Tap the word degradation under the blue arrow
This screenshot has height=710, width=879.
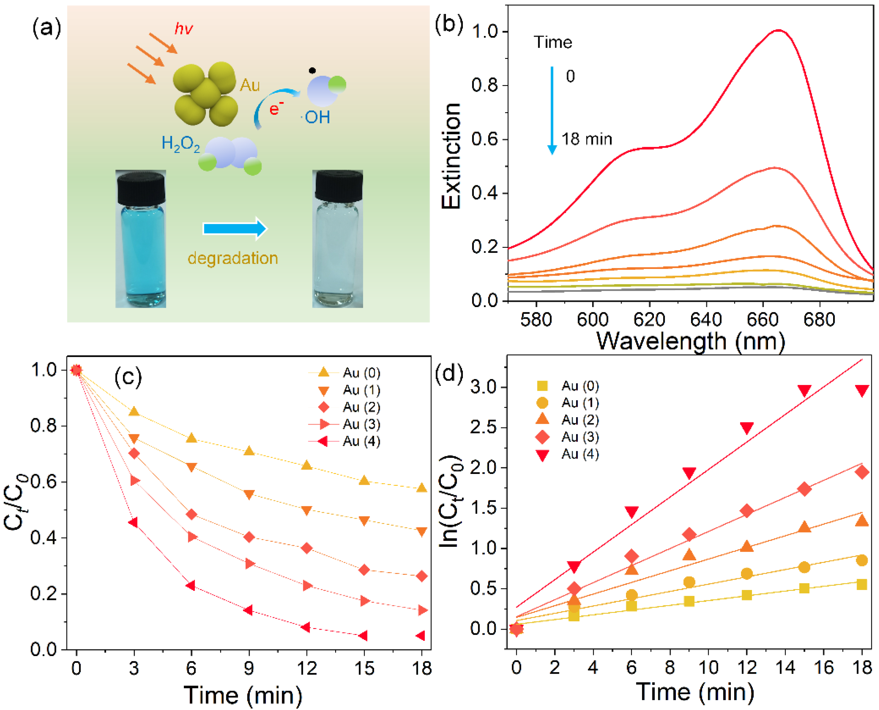[233, 258]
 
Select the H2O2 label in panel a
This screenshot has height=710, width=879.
[181, 144]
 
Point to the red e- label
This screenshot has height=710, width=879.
[276, 109]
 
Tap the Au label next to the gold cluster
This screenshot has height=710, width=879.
[249, 86]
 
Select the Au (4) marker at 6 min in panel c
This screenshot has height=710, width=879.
[190, 585]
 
